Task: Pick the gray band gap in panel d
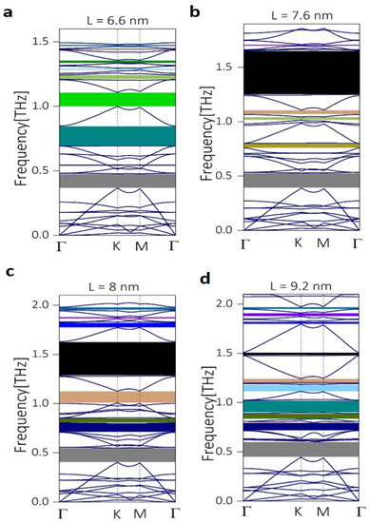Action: (x=302, y=449)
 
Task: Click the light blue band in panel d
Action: (x=302, y=389)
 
